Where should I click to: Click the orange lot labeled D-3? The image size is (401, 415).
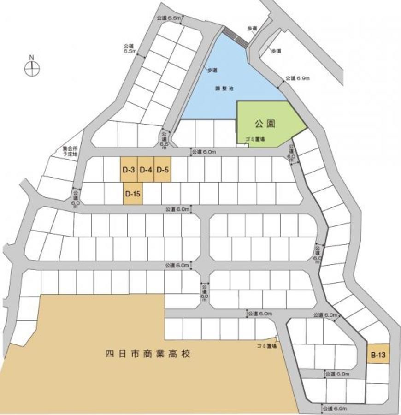(129, 170)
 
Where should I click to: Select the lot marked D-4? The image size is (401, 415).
(146, 170)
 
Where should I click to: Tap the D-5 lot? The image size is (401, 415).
(162, 170)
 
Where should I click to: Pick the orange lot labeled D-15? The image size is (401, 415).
(133, 194)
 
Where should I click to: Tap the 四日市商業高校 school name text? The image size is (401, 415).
(147, 354)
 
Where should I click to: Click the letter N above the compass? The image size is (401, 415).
(32, 57)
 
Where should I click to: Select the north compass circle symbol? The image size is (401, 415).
(32, 69)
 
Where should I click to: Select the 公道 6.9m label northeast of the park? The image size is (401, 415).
(297, 78)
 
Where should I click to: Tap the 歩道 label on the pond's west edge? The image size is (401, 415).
(212, 70)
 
